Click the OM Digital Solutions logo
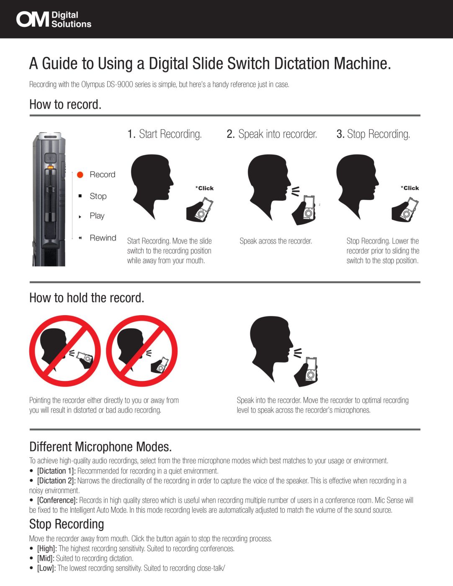tap(54, 19)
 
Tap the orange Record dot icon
tap(80, 175)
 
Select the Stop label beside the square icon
tap(98, 196)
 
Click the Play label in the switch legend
tap(97, 216)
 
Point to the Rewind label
tap(103, 238)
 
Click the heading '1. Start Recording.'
tap(165, 134)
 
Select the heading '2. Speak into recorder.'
tap(272, 134)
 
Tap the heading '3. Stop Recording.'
tap(373, 134)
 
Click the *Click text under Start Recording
tap(204, 188)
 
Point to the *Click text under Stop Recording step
tap(410, 188)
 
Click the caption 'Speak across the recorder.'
tap(275, 241)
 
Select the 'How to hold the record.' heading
tap(87, 298)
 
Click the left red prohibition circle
tap(65, 351)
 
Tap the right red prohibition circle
tap(142, 351)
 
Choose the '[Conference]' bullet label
tap(57, 500)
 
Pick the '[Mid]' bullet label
tap(46, 558)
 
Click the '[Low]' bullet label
tap(46, 568)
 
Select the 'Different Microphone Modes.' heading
tap(100, 447)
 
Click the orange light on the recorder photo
tap(50, 167)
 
